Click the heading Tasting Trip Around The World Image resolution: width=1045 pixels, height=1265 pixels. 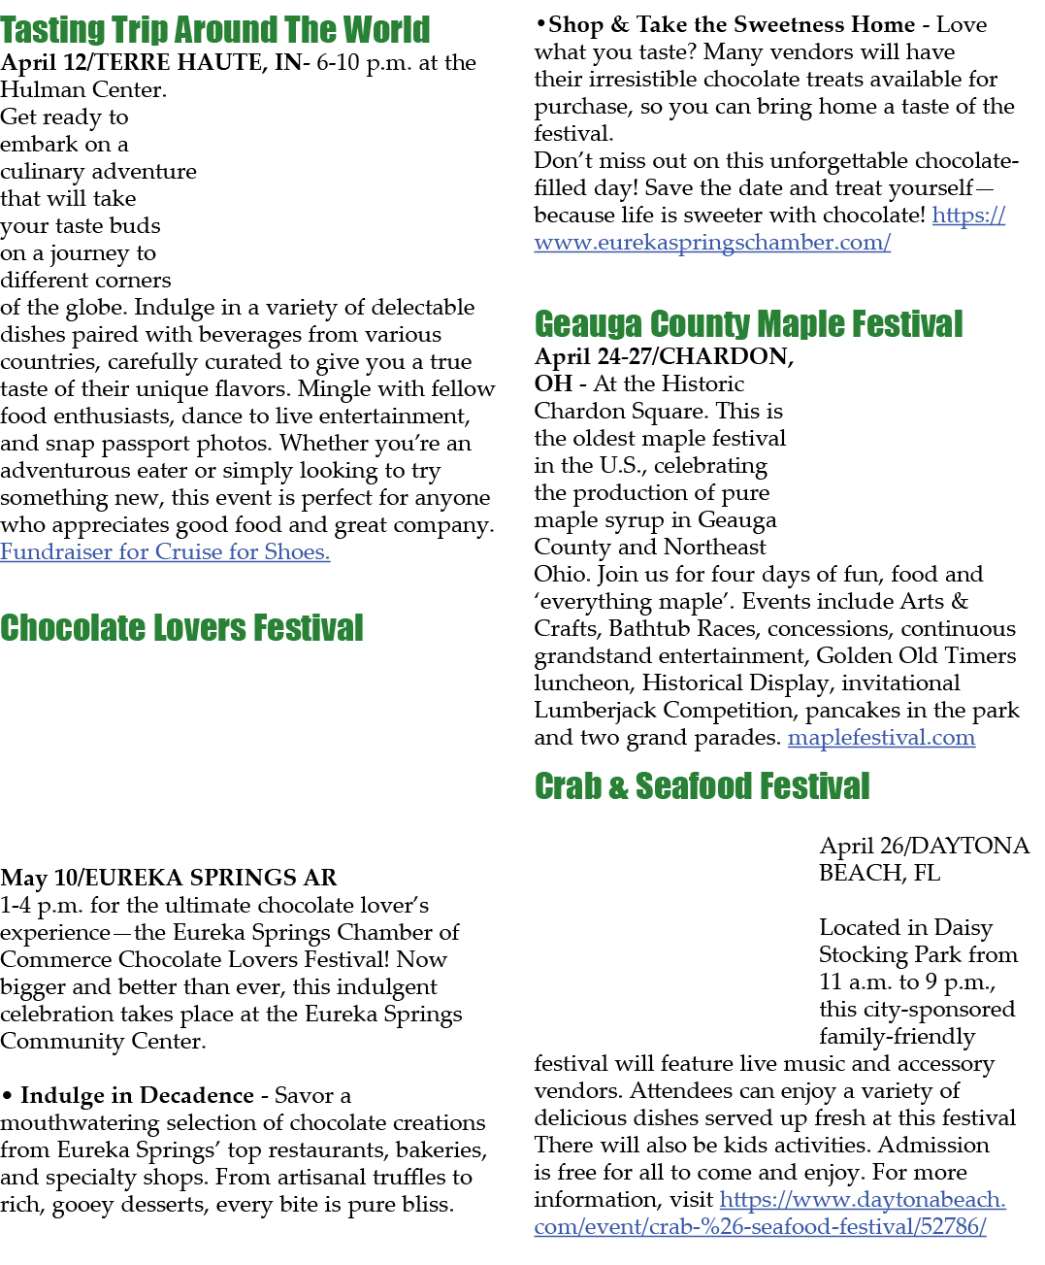tap(215, 30)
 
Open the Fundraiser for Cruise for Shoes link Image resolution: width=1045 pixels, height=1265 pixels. tap(165, 551)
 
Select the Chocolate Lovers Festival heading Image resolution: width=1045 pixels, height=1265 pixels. tap(181, 627)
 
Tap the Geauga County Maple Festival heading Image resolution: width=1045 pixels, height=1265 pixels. tap(748, 323)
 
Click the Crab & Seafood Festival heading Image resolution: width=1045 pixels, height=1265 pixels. tap(702, 785)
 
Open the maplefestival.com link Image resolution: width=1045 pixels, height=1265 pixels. tap(881, 737)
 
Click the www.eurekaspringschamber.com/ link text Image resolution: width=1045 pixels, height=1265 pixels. tap(712, 242)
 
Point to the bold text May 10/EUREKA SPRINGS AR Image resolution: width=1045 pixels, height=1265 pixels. tap(168, 878)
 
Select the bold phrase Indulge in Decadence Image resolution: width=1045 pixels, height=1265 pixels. tap(137, 1095)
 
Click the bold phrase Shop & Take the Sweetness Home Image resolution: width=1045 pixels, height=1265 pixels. tap(732, 24)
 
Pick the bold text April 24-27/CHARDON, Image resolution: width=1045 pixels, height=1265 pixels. tap(664, 356)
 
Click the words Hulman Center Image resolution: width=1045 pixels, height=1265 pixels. tap(82, 89)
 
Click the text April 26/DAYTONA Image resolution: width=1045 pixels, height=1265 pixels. tap(924, 846)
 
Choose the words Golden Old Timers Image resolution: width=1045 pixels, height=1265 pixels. tap(916, 655)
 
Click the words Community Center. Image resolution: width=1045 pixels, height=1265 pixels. tap(103, 1040)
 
